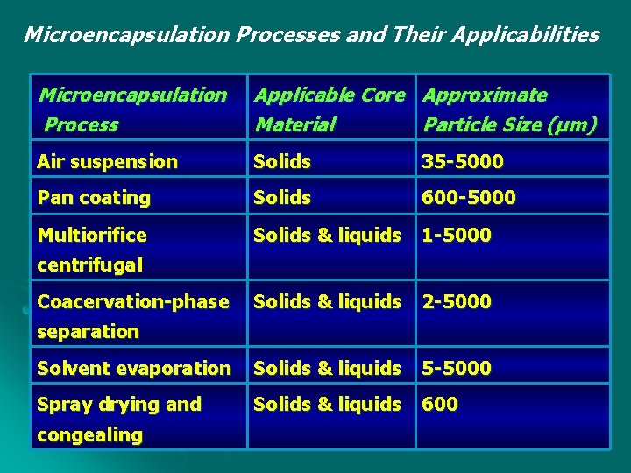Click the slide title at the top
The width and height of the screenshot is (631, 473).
tap(311, 35)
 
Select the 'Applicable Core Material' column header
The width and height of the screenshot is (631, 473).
tap(329, 109)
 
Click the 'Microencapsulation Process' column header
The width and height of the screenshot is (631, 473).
tap(132, 109)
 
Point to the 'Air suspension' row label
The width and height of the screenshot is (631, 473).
tap(107, 161)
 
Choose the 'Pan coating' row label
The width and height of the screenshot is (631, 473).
tap(94, 198)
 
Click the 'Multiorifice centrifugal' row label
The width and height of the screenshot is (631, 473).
tap(92, 249)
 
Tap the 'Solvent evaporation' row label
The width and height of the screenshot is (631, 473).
tap(134, 368)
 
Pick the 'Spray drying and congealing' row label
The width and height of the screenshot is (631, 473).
tap(119, 419)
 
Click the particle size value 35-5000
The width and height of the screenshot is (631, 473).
tap(463, 161)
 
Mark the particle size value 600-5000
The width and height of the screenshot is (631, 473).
tap(469, 198)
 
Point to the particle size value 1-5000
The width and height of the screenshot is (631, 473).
tap(457, 235)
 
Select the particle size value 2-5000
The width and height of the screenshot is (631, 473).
tap(457, 301)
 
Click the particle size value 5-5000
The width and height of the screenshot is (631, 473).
tap(457, 368)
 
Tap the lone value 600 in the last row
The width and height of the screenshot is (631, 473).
tap(440, 404)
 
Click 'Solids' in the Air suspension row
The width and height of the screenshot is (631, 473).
tap(282, 161)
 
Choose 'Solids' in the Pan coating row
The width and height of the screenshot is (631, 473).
tap(282, 198)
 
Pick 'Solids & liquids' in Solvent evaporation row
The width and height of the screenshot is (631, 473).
tap(327, 368)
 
